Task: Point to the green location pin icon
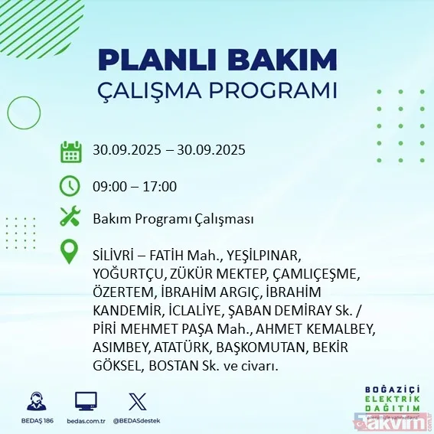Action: coord(70,252)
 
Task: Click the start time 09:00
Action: coord(109,186)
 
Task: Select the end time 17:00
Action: coord(161,186)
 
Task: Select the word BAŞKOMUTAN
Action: coord(259,348)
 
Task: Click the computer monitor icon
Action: coord(86,401)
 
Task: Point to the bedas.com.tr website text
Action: coord(86,421)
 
